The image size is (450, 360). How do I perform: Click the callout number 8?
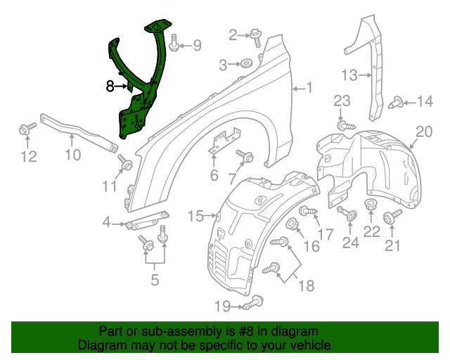tap(110, 86)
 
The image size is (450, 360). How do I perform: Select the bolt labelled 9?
tap(174, 46)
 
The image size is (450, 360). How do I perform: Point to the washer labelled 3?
tap(246, 65)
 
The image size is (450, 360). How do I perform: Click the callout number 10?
tap(74, 154)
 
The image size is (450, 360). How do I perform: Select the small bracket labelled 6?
tap(224, 142)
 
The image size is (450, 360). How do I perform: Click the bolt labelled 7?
tap(246, 156)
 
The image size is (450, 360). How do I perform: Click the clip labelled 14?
tap(397, 103)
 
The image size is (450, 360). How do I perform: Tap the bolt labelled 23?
tap(342, 125)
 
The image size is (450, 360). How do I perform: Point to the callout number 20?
tap(423, 131)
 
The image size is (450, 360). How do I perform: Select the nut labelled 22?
tap(371, 207)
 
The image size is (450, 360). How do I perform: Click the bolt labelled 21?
tap(394, 214)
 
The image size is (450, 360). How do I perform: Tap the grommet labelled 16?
tap(293, 226)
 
